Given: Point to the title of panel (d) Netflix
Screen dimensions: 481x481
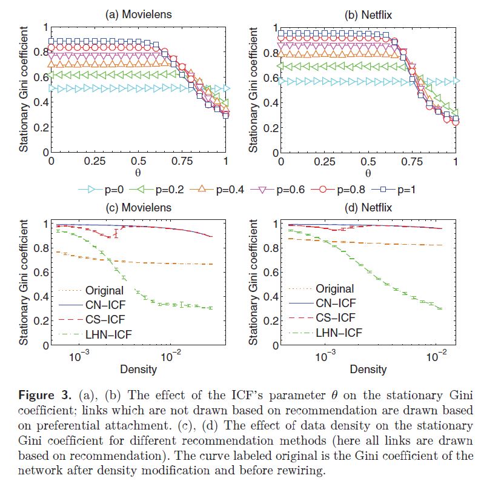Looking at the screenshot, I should pos(368,208).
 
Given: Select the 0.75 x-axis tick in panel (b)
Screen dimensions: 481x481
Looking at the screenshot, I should pos(412,162).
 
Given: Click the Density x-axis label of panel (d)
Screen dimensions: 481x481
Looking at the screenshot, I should pos(368,369).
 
